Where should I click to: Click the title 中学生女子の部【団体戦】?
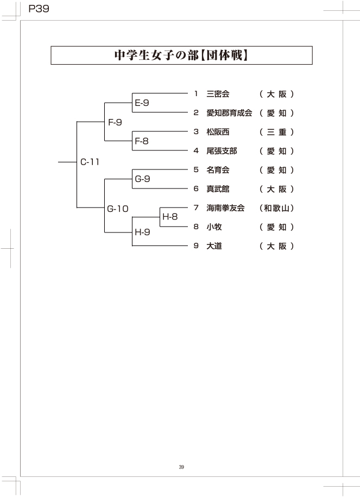[181, 55]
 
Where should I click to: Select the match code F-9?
[115, 122]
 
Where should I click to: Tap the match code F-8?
[142, 141]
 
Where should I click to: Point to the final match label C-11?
[90, 161]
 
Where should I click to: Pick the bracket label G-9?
[142, 179]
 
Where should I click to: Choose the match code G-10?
[117, 208]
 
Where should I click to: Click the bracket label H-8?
[170, 217]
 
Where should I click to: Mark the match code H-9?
[142, 232]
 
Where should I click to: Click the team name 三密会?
[218, 94]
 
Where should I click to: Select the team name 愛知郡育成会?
[229, 113]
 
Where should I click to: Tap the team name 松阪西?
[218, 132]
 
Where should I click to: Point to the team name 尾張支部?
[222, 151]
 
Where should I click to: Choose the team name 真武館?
[218, 189]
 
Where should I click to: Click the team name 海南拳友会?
[225, 208]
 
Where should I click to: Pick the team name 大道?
[214, 246]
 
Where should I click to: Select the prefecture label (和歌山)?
[277, 208]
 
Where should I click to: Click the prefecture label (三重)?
[277, 132]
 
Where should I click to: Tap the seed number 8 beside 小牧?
[196, 227]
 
